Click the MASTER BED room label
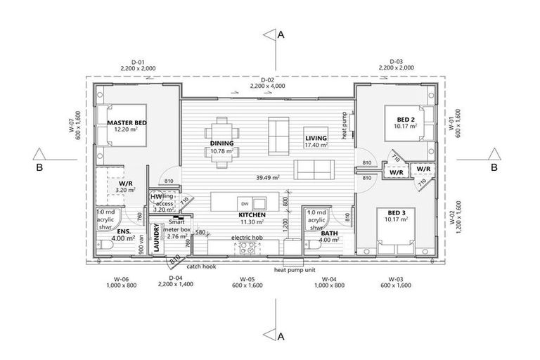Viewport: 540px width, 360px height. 127,123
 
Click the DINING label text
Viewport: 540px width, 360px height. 221,143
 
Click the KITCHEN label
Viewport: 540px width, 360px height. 251,214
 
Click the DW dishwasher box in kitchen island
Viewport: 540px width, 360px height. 244,202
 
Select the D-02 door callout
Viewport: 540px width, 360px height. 267,81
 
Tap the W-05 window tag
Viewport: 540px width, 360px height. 245,279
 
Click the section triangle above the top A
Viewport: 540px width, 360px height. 269,34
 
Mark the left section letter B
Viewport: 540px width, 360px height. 41,168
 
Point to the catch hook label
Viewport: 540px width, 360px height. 200,267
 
